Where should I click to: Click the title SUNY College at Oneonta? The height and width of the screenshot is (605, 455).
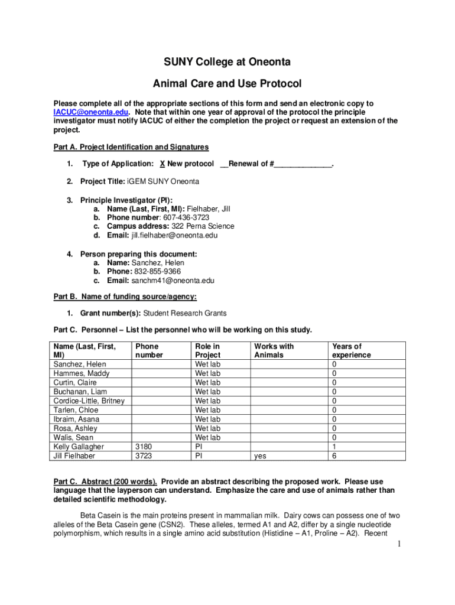coord(227,62)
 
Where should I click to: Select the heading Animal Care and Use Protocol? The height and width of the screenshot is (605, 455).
coord(227,83)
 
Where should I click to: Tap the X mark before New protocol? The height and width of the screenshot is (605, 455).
coord(162,164)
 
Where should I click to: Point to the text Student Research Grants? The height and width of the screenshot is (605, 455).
coord(185,313)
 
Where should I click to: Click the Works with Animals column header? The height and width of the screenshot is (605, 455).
coord(274,350)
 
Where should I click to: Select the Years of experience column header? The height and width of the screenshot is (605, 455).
coord(351,350)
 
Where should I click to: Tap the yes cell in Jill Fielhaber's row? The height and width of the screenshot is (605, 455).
coord(260,456)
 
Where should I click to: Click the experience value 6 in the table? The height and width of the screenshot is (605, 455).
coord(334,456)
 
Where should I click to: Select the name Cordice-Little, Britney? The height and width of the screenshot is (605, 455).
coord(89,401)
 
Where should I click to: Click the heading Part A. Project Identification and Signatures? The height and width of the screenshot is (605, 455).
coord(131,147)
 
